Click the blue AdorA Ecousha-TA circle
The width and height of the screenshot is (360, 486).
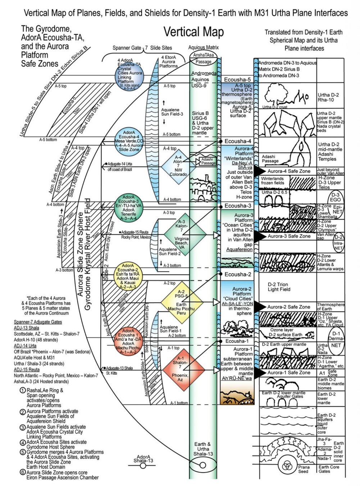[129, 76]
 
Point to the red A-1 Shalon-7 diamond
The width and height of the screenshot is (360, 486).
[180, 369]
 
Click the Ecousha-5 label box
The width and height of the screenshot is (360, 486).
[237, 80]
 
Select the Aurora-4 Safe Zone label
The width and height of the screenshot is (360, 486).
[288, 171]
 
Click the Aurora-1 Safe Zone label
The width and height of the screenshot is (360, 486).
[288, 373]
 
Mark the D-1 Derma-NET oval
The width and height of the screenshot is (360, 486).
[336, 339]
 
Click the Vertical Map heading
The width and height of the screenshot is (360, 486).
[193, 32]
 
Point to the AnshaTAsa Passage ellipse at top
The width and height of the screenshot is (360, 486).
[203, 58]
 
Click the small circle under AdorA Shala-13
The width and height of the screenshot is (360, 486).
[143, 466]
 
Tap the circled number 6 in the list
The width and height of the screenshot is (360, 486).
[23, 472]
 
